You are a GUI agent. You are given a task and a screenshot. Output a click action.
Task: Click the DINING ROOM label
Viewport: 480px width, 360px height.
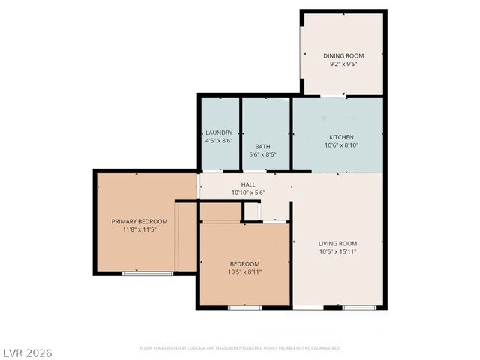(x=343, y=55)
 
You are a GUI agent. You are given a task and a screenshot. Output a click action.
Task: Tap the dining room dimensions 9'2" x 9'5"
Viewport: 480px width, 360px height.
(x=343, y=64)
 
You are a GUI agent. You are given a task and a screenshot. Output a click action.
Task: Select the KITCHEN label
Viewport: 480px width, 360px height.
(x=341, y=137)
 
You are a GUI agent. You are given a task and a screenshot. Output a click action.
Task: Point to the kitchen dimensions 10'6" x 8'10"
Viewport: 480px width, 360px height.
(x=341, y=146)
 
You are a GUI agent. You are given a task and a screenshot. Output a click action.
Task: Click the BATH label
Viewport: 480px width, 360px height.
(x=262, y=146)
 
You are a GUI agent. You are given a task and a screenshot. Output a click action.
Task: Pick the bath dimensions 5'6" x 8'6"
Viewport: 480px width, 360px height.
(x=262, y=155)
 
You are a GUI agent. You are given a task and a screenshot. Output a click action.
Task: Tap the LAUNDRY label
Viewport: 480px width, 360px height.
(x=219, y=133)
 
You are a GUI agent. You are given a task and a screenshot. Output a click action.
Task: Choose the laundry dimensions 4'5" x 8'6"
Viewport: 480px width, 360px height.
(x=219, y=141)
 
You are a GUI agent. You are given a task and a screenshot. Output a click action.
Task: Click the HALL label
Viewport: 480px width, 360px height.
(x=248, y=184)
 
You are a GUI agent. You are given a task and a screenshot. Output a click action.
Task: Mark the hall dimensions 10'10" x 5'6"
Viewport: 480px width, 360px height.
(x=248, y=193)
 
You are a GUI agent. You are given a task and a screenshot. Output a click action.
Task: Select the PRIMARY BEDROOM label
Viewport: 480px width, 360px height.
(x=139, y=222)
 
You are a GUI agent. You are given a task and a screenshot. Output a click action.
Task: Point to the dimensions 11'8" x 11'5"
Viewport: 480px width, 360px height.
(x=139, y=230)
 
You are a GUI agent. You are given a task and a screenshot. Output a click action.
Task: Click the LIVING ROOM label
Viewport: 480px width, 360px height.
(x=337, y=243)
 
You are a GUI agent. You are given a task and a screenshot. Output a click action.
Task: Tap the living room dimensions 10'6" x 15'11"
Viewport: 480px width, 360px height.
(x=337, y=252)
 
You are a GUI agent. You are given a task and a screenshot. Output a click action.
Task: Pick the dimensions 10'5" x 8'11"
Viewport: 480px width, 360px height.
(x=244, y=272)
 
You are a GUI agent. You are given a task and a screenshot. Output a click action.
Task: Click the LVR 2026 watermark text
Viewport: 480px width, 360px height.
(x=27, y=352)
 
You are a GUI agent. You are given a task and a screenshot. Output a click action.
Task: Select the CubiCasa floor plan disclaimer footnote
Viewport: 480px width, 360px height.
(x=240, y=348)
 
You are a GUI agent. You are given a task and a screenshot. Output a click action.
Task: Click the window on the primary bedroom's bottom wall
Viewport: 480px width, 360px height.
(x=142, y=274)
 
